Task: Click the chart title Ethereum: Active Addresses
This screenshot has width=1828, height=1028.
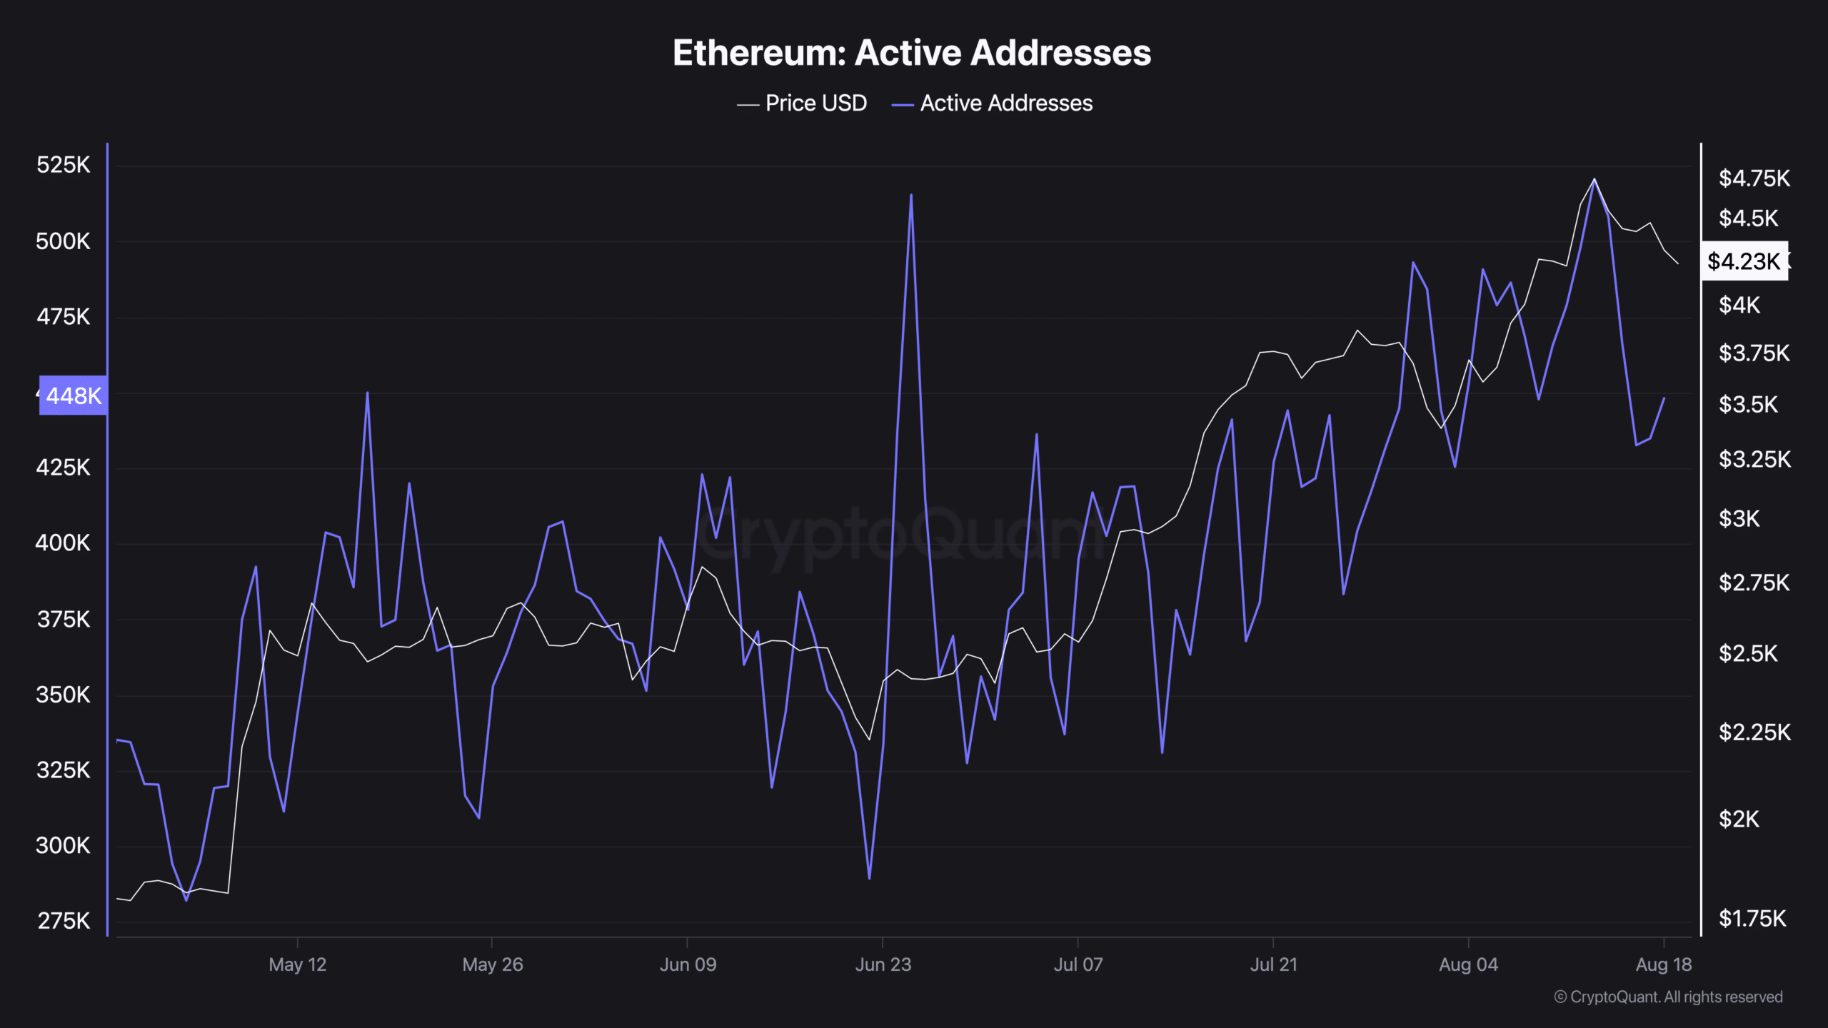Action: (x=912, y=53)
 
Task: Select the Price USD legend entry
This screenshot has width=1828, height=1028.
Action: (x=803, y=104)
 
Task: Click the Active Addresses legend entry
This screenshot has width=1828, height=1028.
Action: (x=993, y=104)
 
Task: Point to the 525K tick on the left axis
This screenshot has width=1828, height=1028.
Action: (x=63, y=165)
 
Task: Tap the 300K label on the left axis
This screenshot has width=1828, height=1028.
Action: (x=63, y=846)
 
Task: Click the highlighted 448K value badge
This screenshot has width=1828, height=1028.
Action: (x=73, y=395)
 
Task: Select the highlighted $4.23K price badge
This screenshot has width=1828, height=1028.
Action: (x=1744, y=261)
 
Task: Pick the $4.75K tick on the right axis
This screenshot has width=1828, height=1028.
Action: (x=1754, y=178)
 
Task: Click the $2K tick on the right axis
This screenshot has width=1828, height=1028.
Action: (x=1739, y=820)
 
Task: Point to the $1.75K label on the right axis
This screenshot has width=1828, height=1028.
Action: (x=1752, y=919)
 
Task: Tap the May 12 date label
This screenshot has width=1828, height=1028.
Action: (x=297, y=964)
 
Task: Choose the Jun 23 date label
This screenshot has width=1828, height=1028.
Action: (x=883, y=964)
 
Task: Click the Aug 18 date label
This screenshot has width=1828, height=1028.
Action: (x=1663, y=964)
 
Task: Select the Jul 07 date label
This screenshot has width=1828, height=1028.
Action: (x=1078, y=964)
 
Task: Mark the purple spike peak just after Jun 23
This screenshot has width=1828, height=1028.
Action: (x=911, y=194)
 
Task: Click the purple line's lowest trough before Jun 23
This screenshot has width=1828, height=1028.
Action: (x=869, y=878)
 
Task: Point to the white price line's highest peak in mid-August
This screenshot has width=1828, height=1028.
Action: (x=1595, y=179)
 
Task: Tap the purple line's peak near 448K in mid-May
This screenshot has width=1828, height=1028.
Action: (x=368, y=393)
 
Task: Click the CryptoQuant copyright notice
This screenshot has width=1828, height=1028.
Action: (x=1668, y=997)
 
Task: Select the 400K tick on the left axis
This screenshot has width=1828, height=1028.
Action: (x=63, y=543)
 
